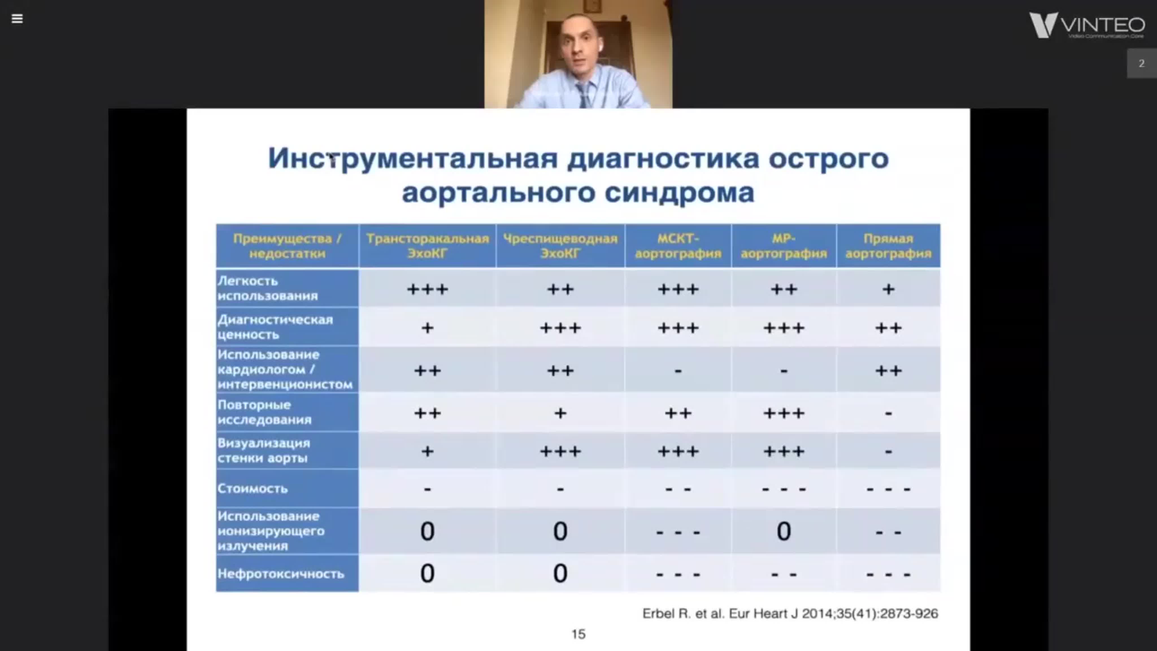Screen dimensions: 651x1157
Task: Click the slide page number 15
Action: click(578, 634)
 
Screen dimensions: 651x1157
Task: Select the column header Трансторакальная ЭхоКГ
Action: click(427, 246)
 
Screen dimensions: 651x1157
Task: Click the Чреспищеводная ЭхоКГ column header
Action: click(560, 246)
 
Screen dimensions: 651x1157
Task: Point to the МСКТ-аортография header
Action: click(678, 246)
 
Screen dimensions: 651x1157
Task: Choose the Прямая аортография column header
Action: click(888, 246)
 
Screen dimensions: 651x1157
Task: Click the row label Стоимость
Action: click(253, 488)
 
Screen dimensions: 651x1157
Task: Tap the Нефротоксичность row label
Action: click(281, 574)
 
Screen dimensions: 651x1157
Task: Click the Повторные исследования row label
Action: click(265, 412)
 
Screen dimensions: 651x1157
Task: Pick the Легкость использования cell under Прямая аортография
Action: click(888, 289)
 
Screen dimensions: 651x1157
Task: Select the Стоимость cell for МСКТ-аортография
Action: click(678, 488)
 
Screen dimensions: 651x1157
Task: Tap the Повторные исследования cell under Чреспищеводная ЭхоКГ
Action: click(560, 413)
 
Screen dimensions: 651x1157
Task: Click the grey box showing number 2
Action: click(1141, 63)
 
